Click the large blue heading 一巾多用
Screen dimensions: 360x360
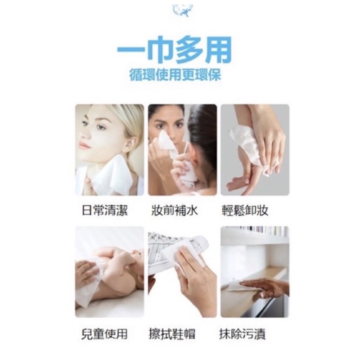tap(175, 50)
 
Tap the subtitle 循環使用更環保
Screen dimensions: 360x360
tap(175, 75)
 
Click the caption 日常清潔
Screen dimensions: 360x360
tap(105, 210)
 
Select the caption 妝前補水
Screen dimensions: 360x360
tap(175, 210)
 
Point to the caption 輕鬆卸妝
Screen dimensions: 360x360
tap(245, 210)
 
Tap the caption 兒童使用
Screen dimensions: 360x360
tap(104, 334)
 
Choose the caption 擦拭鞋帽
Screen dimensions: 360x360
tap(172, 334)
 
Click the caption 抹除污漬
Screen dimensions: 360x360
tap(242, 334)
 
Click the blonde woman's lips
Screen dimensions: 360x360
tap(83, 145)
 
